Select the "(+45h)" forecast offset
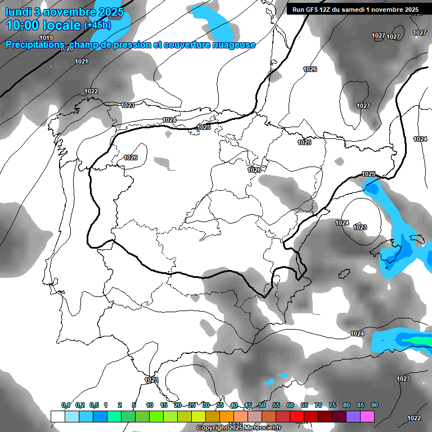pos(97,25)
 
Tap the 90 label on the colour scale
pos(375,405)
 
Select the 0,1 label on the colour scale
pos(65,405)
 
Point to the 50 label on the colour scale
pos(262,405)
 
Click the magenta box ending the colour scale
pos(367,416)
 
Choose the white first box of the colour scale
pos(57,416)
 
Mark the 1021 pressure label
pos(82,61)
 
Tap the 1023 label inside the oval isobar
pos(360,227)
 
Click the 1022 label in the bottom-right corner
pos(414,418)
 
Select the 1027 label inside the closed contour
pos(363,106)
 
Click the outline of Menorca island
pos(417,240)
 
